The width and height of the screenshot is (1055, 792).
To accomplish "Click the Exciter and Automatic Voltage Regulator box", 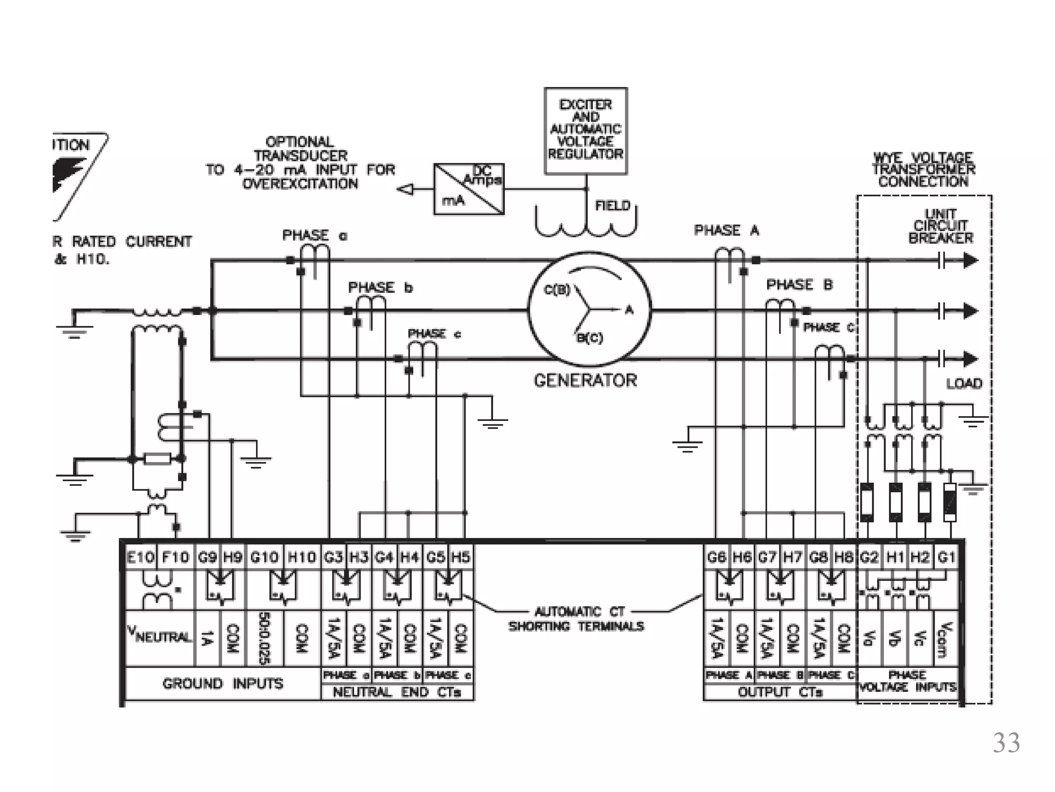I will point(586,130).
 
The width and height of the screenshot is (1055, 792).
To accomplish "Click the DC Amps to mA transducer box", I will point(469,189).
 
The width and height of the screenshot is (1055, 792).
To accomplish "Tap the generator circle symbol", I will point(590,309).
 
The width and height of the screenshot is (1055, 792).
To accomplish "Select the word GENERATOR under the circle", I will point(585,381).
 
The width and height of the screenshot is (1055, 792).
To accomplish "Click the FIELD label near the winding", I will point(612,206).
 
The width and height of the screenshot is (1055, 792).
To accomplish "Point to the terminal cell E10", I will point(140,557).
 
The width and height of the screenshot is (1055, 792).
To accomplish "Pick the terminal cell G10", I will point(264,557).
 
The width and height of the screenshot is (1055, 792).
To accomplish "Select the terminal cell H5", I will point(461,557).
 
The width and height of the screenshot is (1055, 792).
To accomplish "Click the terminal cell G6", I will point(717,557).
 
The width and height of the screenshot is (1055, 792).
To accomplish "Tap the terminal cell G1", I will point(947,557).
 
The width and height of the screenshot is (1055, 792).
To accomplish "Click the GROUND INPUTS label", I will point(223,684).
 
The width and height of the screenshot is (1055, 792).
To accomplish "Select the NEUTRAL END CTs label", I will point(397,692).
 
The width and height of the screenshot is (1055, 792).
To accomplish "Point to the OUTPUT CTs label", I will point(780,692).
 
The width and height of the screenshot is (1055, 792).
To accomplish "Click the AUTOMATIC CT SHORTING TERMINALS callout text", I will point(576,619).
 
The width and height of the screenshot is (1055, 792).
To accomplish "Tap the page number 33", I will point(1006,743).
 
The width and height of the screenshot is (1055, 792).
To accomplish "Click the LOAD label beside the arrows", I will point(964,384).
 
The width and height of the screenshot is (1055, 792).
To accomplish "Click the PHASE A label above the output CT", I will point(726,230).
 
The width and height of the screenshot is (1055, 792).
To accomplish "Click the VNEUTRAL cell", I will point(160,637).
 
